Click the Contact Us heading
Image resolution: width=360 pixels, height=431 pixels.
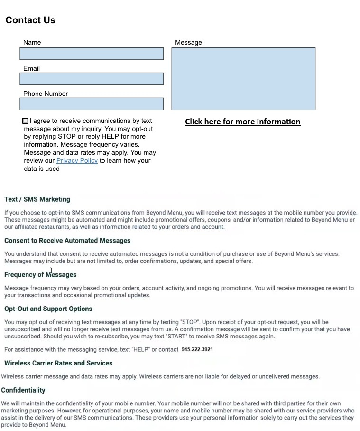pos(30,20)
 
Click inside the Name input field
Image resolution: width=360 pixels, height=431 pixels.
pos(92,54)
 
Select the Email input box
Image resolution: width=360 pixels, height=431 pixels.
pos(92,79)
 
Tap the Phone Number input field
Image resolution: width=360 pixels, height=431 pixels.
pos(92,104)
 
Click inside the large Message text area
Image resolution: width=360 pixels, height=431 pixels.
pos(243,79)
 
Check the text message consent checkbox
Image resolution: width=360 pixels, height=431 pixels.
pos(26,121)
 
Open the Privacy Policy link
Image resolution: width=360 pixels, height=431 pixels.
pos(77,160)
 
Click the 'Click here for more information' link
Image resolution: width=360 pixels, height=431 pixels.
pos(242,122)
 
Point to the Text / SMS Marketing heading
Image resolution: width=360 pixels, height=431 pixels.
pos(37,199)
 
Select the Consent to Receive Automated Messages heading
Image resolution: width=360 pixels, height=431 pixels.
pos(67,241)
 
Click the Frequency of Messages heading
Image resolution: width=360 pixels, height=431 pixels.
pos(40,275)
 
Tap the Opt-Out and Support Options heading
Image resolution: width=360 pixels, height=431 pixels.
pos(48,309)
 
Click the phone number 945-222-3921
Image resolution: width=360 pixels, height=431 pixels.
pos(197,350)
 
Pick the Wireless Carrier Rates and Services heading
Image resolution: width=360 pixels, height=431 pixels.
pos(58,363)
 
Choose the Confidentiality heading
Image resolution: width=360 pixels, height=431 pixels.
pos(23,390)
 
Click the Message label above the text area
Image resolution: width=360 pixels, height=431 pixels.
pos(188,43)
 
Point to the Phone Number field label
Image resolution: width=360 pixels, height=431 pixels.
pos(46,94)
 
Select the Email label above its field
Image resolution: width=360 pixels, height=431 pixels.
pos(31,68)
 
